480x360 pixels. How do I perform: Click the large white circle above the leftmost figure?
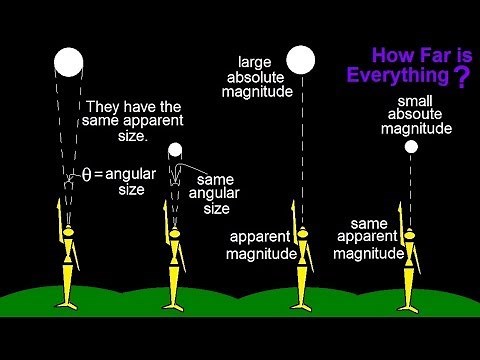pos(69,62)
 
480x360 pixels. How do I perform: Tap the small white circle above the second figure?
pos(175,151)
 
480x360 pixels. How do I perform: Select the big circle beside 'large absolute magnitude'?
pos(301,60)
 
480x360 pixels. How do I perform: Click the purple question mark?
pos(460,80)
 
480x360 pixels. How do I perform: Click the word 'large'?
pos(259,60)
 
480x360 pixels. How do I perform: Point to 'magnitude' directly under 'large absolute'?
pos(259,92)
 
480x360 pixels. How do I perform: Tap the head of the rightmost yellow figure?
pos(409,236)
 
